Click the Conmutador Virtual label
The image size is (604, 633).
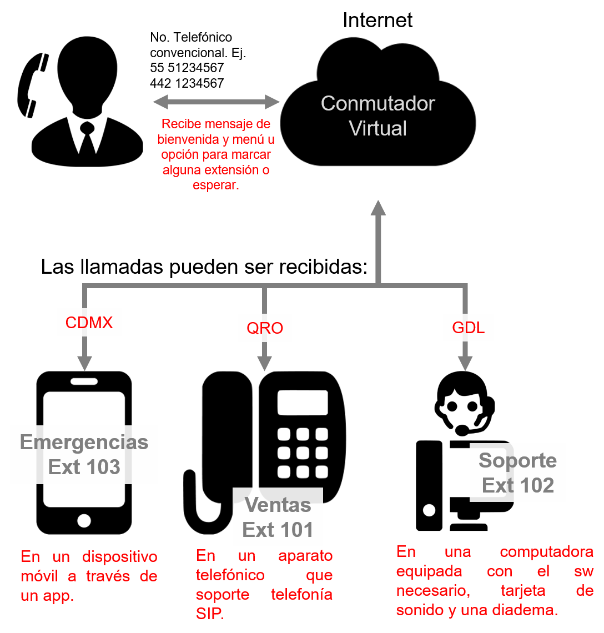point(378,115)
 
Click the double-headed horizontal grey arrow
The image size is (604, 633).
point(217,102)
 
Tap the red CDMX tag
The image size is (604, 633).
point(89,323)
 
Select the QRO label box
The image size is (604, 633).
point(265,328)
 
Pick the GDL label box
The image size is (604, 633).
point(468,328)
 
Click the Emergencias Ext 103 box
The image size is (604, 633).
point(84,455)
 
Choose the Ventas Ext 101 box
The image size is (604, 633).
point(278,517)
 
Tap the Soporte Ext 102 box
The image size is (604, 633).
point(517,473)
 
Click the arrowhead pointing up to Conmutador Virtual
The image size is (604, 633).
point(379,208)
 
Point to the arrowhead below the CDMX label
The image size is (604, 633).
point(84,363)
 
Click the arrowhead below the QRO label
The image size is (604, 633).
point(264,364)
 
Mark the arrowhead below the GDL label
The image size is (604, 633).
point(465,363)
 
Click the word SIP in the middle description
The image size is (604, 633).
point(209,614)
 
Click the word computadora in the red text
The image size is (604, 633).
point(546,552)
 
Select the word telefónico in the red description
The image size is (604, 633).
point(230,575)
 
